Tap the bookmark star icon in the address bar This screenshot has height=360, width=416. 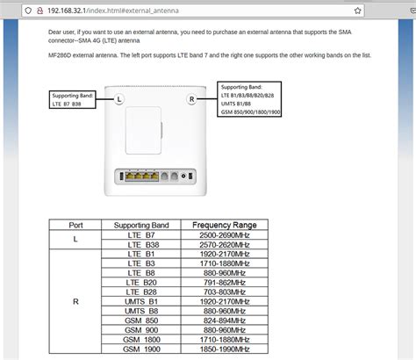(357, 11)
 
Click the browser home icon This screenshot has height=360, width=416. (9, 11)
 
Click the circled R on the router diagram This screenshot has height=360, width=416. (191, 101)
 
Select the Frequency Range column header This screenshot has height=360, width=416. (218, 225)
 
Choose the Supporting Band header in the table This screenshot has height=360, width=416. (139, 225)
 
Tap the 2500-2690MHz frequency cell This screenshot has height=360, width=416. (218, 235)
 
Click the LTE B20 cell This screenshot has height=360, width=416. (139, 284)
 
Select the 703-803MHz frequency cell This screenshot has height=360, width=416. (218, 292)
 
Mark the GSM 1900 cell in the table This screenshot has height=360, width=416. (139, 349)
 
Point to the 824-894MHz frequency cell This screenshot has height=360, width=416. (218, 321)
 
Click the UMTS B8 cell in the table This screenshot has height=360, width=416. (139, 312)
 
